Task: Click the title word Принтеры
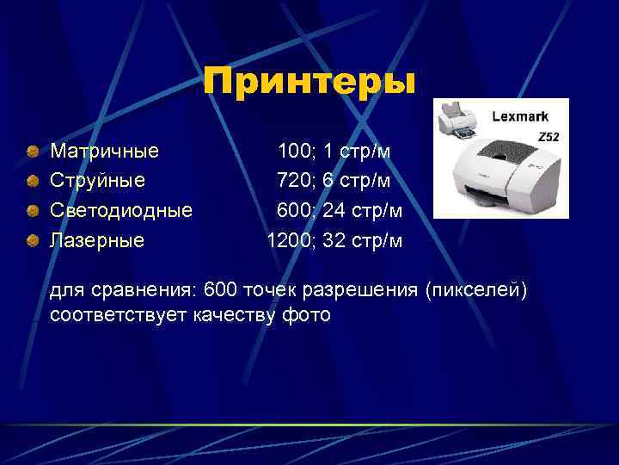309,83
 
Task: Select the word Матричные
105,152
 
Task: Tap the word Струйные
97,181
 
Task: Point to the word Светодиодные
121,210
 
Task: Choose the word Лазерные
97,239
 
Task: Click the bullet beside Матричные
32,152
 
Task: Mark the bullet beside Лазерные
32,240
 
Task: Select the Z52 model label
548,137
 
